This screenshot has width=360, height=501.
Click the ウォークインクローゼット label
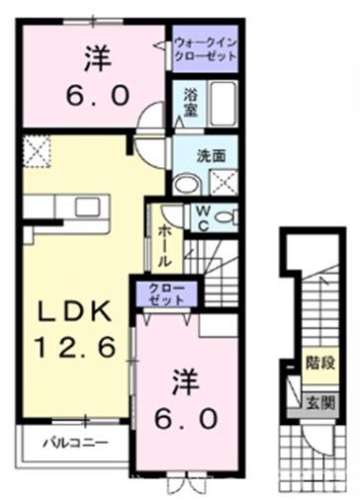coord(207,49)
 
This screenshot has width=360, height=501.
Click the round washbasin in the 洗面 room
coord(185,182)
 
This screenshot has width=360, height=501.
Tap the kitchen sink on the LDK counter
coord(75,207)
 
